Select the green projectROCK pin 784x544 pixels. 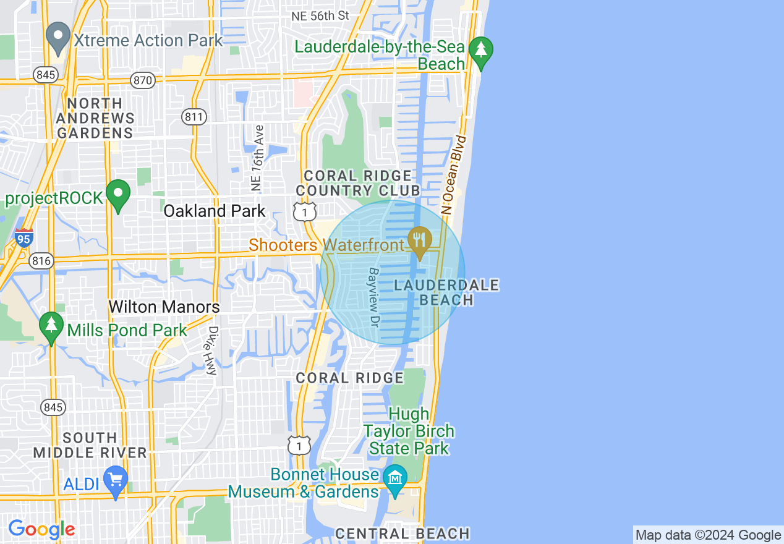pyautogui.click(x=118, y=195)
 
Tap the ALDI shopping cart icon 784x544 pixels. pyautogui.click(x=116, y=481)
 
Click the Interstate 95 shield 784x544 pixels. pyautogui.click(x=24, y=237)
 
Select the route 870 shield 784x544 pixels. pyautogui.click(x=143, y=80)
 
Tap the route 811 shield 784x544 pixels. pyautogui.click(x=194, y=116)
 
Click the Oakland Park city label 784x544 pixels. pyautogui.click(x=215, y=211)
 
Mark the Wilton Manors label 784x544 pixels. pyautogui.click(x=164, y=307)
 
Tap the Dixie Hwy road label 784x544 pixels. pyautogui.click(x=211, y=351)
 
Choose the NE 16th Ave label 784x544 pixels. pyautogui.click(x=257, y=158)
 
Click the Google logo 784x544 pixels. pyautogui.click(x=41, y=530)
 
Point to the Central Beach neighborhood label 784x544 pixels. pyautogui.click(x=403, y=533)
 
